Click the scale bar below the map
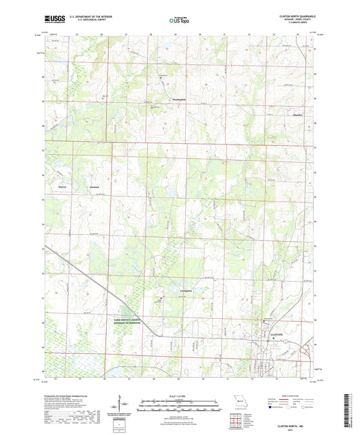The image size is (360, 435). (180, 403)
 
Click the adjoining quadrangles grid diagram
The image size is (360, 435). (237, 419)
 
